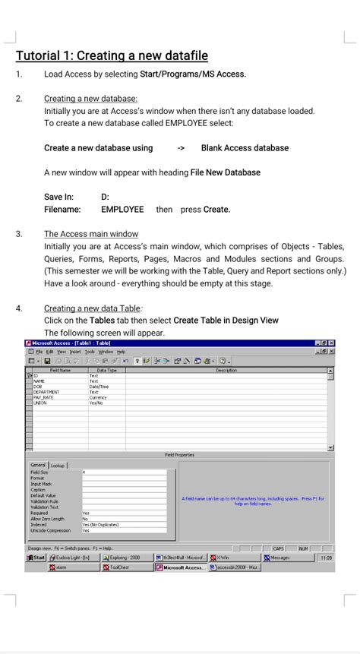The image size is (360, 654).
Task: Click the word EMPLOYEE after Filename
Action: click(122, 209)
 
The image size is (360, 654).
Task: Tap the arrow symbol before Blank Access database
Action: click(181, 148)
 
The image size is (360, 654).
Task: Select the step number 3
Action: click(18, 234)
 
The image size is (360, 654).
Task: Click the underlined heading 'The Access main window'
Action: click(91, 234)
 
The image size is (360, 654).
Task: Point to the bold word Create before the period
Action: click(216, 209)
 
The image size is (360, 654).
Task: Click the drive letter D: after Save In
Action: click(106, 197)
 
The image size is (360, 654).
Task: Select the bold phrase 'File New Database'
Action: click(226, 172)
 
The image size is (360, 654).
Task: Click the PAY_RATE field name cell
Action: click(44, 397)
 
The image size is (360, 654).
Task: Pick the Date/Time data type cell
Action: click(99, 386)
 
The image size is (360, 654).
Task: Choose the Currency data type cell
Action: click(99, 397)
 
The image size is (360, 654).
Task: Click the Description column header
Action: click(226, 370)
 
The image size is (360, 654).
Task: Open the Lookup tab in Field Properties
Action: click(58, 465)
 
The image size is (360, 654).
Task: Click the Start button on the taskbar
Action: click(36, 558)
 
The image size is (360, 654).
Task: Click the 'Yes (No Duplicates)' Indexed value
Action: click(100, 524)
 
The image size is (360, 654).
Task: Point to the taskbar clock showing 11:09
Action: click(326, 558)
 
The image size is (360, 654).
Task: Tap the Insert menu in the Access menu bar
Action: click(74, 352)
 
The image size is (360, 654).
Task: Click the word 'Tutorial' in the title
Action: click(41, 55)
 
